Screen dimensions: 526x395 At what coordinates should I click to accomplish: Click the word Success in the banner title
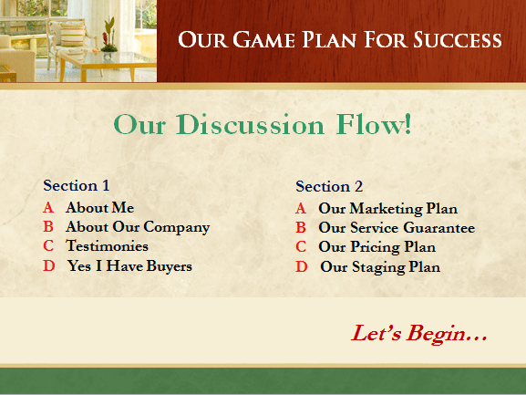pos(458,39)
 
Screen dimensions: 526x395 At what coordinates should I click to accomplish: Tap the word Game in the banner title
pos(263,39)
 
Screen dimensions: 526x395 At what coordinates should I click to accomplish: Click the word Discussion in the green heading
pos(251,124)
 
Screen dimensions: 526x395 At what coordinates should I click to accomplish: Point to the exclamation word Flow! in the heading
pos(374,124)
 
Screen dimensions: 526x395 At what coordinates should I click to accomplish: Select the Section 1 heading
pos(77,185)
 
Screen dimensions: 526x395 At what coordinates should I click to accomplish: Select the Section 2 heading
pos(329,187)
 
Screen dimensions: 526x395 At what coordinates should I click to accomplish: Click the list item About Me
pos(100,208)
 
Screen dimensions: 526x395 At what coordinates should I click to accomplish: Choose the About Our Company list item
pos(138,227)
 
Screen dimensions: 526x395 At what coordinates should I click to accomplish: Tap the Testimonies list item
pos(107,246)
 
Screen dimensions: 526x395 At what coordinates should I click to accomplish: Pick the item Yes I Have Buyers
pos(129,266)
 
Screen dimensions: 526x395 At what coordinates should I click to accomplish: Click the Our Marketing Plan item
pos(387,209)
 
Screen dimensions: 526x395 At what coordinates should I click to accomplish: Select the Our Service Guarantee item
pos(397,228)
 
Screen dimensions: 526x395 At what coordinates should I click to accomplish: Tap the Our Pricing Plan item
pos(377,247)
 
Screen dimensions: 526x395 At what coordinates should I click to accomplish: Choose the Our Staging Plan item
pos(380,267)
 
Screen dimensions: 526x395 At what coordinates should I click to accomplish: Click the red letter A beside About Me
pos(48,208)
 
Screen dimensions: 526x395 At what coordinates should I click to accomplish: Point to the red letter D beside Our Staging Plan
pos(301,267)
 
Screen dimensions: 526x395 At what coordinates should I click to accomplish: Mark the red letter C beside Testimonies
pos(48,246)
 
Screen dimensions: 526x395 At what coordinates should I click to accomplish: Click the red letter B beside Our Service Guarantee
pos(301,228)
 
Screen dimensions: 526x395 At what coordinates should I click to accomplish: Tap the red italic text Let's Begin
pos(419,334)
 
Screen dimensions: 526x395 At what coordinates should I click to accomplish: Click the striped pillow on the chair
pos(72,35)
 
